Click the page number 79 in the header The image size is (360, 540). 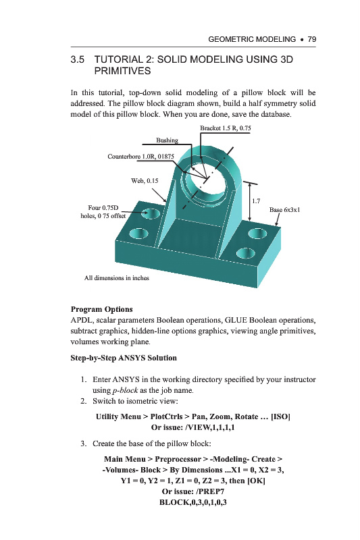[312, 39]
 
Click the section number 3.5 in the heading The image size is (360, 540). [78, 59]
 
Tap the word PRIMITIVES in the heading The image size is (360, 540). [122, 71]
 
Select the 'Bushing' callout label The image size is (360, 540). [167, 140]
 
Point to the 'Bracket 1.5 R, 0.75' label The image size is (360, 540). [226, 128]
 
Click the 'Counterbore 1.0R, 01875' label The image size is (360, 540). [140, 157]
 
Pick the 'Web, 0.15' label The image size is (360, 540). [145, 180]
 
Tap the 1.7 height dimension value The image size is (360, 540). [256, 200]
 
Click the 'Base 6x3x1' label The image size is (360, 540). [284, 210]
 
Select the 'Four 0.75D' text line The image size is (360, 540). [103, 208]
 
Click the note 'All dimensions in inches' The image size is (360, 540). [117, 278]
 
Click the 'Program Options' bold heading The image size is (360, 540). [101, 309]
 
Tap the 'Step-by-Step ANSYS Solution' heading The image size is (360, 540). [124, 358]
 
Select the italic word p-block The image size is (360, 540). [125, 391]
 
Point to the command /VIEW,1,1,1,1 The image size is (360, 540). [209, 427]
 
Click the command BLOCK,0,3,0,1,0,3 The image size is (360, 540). [193, 502]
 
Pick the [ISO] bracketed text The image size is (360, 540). [280, 416]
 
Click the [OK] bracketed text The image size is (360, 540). [256, 481]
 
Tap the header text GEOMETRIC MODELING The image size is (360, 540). [252, 39]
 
